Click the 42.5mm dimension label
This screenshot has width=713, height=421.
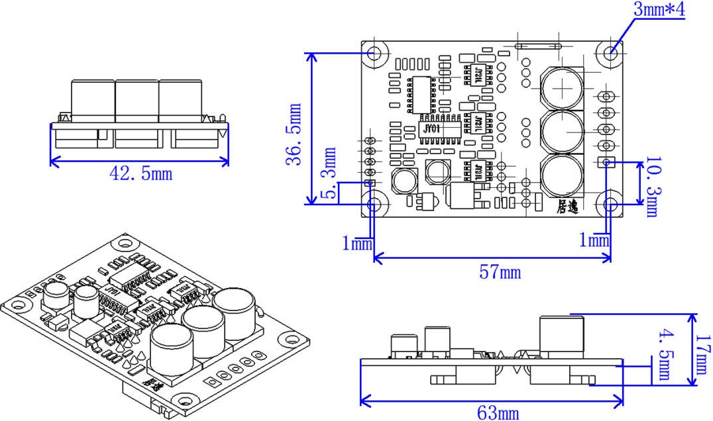coord(140,173)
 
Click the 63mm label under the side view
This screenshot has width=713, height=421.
coord(498,413)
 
